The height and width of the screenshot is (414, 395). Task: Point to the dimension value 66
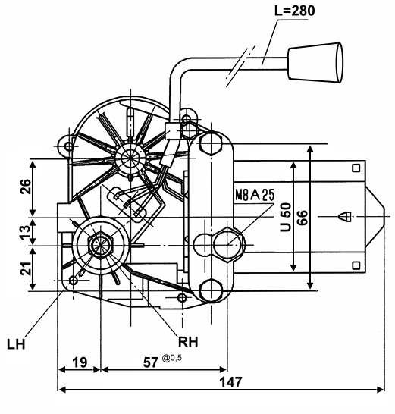pyautogui.click(x=303, y=218)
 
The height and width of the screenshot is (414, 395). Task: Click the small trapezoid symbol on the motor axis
pyautogui.click(x=344, y=217)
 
